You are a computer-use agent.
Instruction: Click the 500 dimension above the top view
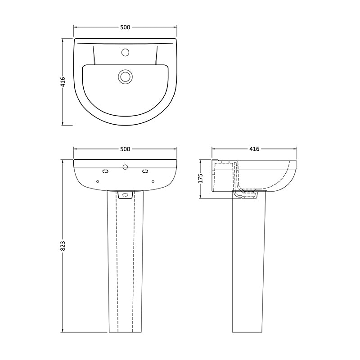[125, 27]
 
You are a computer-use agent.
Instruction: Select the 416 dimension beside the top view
[63, 81]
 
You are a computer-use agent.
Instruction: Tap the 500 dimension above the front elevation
[125, 149]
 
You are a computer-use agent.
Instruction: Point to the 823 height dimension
[63, 245]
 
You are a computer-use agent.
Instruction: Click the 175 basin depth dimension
[201, 178]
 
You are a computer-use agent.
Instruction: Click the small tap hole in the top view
[125, 53]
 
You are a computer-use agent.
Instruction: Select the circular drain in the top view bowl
[125, 76]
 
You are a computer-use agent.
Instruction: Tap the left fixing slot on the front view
[105, 171]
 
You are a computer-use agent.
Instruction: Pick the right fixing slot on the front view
[145, 171]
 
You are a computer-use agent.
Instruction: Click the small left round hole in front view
[98, 181]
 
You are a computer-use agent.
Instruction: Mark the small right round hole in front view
[153, 181]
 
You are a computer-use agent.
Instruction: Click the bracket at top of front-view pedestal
[125, 194]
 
